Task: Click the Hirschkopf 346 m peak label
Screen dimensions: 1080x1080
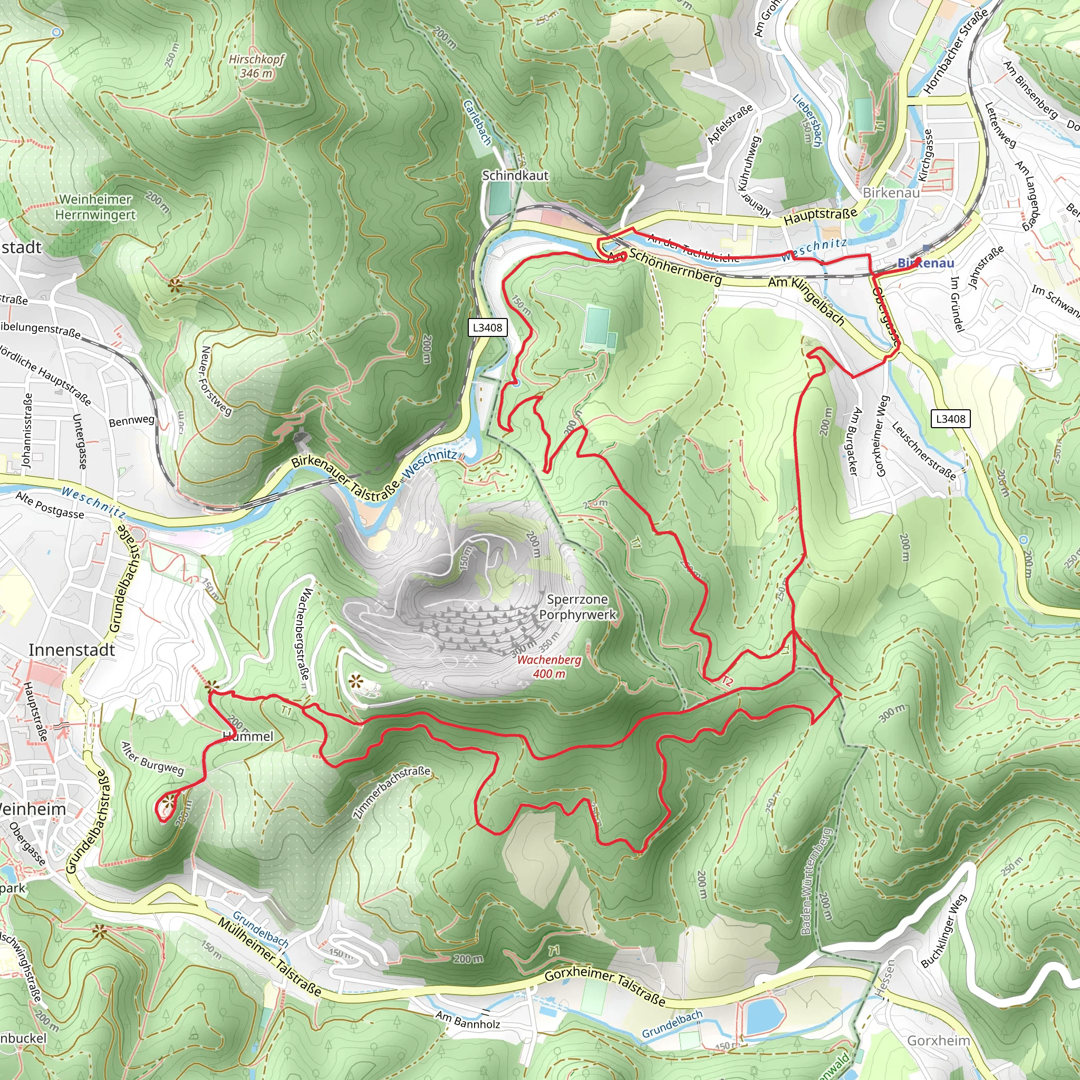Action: coord(257,66)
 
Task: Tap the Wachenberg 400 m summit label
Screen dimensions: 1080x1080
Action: coord(549,667)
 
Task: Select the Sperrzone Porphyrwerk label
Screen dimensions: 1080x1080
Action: coord(577,607)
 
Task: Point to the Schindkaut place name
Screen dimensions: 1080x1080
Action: coord(515,176)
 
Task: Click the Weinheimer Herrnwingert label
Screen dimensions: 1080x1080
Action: coord(95,207)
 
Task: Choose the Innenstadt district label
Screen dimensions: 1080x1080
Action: coord(72,650)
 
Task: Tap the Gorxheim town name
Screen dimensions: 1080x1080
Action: coord(938,1040)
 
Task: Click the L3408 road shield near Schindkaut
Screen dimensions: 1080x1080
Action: coord(487,327)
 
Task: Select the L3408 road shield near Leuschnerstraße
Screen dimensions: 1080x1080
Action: coord(950,419)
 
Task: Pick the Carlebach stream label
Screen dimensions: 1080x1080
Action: coord(477,122)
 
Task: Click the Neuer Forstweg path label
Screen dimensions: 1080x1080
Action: coord(215,381)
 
